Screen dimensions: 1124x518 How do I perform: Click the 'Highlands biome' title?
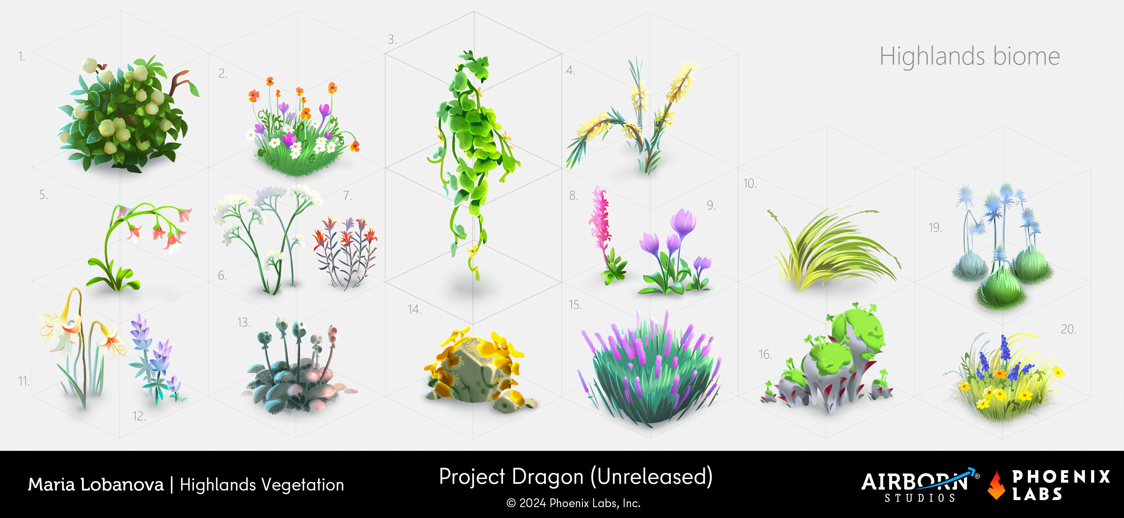pos(969,57)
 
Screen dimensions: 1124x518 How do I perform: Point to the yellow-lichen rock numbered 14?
pos(478,371)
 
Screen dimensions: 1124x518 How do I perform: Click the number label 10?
pos(750,183)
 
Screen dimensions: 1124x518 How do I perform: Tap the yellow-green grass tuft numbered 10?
pos(833,249)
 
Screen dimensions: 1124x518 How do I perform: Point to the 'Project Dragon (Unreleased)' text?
pos(576,477)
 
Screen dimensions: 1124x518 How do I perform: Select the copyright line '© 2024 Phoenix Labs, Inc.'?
pos(573,503)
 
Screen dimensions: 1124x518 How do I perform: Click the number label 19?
pos(935,227)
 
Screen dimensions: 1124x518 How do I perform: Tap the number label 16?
pos(765,354)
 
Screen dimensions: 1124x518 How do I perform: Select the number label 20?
pos(1068,329)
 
